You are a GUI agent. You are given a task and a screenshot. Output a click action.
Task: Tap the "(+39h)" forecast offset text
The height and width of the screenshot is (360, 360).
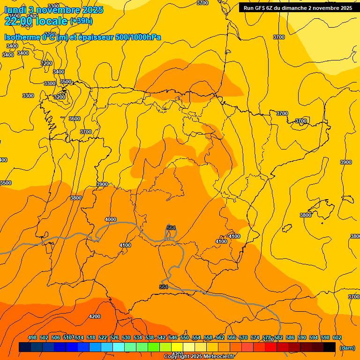click(x=81, y=21)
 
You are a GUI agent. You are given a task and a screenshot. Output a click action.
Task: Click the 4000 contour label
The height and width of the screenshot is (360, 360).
click(x=111, y=219)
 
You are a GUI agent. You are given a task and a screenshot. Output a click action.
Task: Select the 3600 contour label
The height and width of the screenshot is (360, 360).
click(x=74, y=119)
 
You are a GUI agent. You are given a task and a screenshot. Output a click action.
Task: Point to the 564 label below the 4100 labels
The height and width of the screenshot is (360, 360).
click(x=164, y=287)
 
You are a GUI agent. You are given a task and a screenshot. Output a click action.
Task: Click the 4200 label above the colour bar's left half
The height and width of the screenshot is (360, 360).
click(x=95, y=316)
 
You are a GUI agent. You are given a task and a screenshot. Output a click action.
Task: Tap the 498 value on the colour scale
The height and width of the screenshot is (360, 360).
click(x=32, y=337)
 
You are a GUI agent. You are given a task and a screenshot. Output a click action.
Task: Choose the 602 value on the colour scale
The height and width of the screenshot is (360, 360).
click(x=337, y=337)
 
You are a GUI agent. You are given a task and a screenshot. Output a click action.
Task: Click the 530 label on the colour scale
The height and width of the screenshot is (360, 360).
click(x=126, y=337)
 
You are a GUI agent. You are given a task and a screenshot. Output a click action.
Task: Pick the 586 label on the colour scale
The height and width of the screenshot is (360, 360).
click(x=290, y=337)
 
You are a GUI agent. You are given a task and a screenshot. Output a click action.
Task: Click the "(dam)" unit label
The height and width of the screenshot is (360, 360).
click(x=347, y=347)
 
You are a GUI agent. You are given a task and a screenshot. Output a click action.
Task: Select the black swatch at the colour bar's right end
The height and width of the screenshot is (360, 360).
click(x=330, y=347)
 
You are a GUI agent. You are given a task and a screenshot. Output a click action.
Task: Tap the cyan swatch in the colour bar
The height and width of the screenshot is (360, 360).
click(x=119, y=347)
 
